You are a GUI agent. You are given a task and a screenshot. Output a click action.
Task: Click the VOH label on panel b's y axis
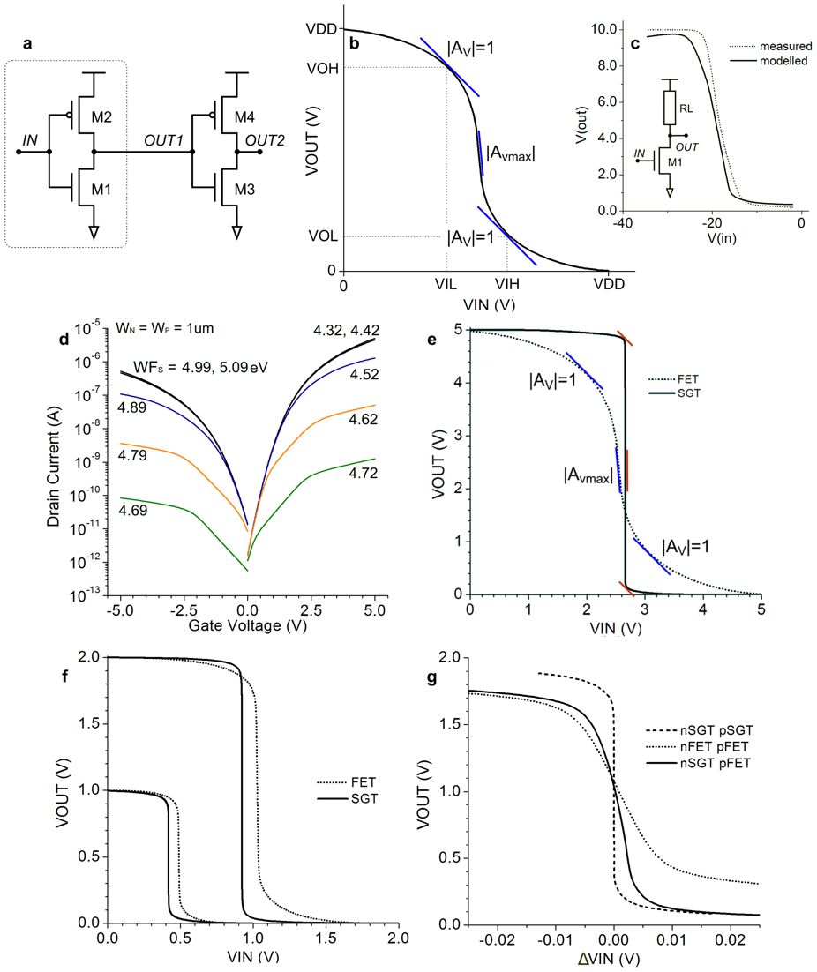tap(324, 66)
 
